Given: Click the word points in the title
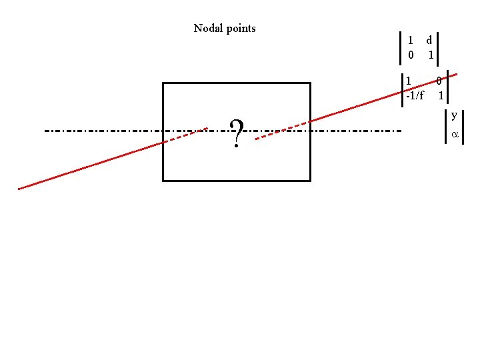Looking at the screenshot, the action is [x=240, y=29].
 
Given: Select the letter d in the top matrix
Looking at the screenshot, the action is [x=430, y=40].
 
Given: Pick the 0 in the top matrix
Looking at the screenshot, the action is [x=411, y=55].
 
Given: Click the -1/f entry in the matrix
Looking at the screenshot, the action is [x=415, y=95].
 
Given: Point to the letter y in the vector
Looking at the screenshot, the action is [x=454, y=115].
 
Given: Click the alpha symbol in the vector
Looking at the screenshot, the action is [x=455, y=135].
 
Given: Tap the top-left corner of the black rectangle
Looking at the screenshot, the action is [x=163, y=83].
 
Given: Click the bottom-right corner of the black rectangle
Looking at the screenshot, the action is [x=310, y=180].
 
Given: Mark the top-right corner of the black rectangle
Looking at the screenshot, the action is [x=310, y=83].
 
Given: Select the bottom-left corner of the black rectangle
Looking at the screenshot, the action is [x=163, y=180].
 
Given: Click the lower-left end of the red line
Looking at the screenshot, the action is [x=19, y=189].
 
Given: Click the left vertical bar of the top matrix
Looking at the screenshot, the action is [x=399, y=47].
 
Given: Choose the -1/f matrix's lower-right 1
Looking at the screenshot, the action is [x=441, y=95].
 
